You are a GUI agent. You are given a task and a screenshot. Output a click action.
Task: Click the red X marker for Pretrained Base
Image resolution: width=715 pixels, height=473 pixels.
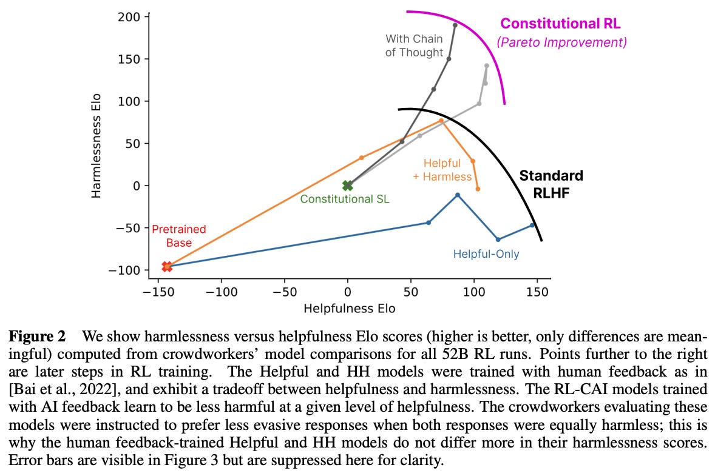click(x=167, y=266)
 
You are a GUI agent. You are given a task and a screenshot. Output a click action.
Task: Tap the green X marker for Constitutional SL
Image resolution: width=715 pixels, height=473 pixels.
click(x=347, y=186)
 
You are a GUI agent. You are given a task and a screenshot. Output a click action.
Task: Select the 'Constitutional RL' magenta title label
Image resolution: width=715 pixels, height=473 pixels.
click(x=560, y=24)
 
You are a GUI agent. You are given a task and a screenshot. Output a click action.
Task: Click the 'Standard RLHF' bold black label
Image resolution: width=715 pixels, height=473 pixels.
click(x=551, y=184)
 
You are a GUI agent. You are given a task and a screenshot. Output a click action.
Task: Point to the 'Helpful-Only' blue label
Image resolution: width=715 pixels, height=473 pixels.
click(x=486, y=254)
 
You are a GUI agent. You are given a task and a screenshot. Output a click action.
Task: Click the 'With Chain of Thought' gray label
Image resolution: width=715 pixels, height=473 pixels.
click(x=414, y=45)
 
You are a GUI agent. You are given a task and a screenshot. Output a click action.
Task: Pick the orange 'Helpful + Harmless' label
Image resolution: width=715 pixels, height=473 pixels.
click(x=442, y=170)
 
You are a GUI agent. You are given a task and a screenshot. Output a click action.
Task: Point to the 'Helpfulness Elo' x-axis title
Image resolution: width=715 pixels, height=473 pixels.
click(x=349, y=309)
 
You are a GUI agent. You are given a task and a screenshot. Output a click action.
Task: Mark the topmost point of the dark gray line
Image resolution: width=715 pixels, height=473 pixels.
click(x=455, y=25)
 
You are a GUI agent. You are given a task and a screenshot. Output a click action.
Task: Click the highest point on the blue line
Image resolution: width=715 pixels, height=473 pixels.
click(x=458, y=195)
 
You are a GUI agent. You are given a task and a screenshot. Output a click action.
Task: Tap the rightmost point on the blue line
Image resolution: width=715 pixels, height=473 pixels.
click(x=532, y=225)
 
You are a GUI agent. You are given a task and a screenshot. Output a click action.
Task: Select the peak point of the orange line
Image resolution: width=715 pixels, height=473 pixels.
click(x=441, y=121)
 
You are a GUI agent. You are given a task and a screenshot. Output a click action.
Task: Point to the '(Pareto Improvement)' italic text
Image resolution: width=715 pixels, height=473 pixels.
click(x=561, y=42)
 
